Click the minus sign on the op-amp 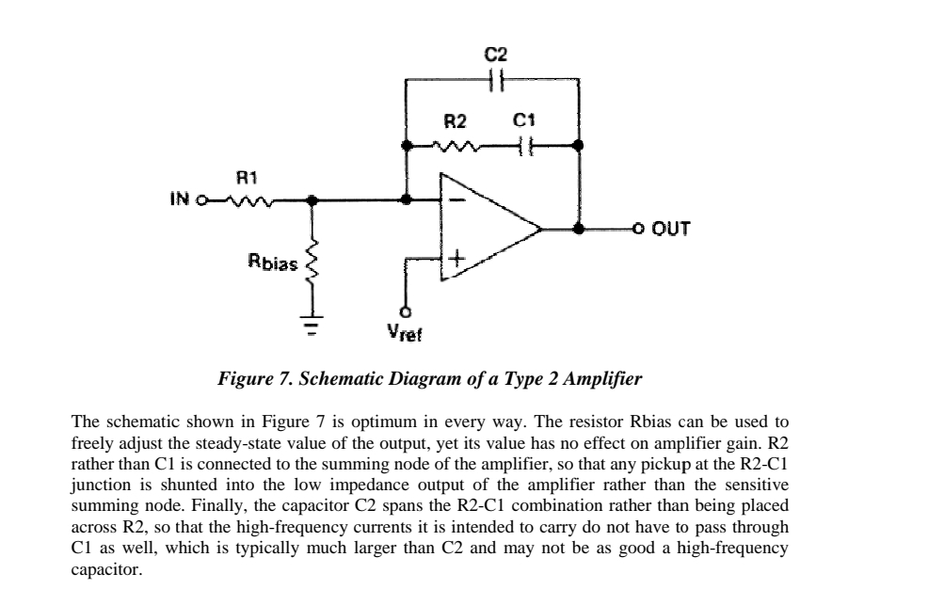[456, 199]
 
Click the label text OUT [669, 228]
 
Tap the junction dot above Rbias [313, 199]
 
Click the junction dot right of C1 [578, 146]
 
